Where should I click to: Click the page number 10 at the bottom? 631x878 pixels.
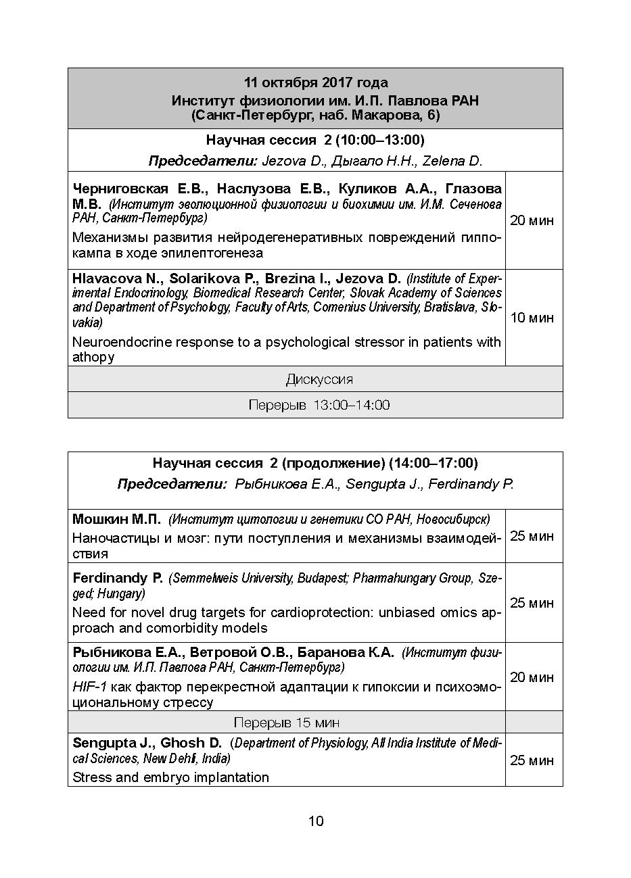point(316,821)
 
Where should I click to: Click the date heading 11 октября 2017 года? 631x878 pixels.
point(316,82)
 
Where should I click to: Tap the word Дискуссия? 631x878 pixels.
point(319,379)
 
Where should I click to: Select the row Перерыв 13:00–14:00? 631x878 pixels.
point(319,405)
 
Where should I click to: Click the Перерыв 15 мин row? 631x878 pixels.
point(287,722)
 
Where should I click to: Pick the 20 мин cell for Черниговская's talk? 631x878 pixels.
point(532,220)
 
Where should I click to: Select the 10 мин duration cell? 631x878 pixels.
point(532,318)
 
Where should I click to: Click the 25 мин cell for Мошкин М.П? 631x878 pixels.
point(532,536)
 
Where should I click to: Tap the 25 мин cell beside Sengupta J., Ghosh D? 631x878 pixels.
point(532,760)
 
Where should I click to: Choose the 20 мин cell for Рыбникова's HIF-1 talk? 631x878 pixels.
point(532,677)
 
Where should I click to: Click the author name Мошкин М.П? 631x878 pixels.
point(116,519)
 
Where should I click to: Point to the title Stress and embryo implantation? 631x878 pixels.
point(170,777)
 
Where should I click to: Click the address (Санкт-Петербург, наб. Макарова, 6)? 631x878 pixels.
point(316,116)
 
